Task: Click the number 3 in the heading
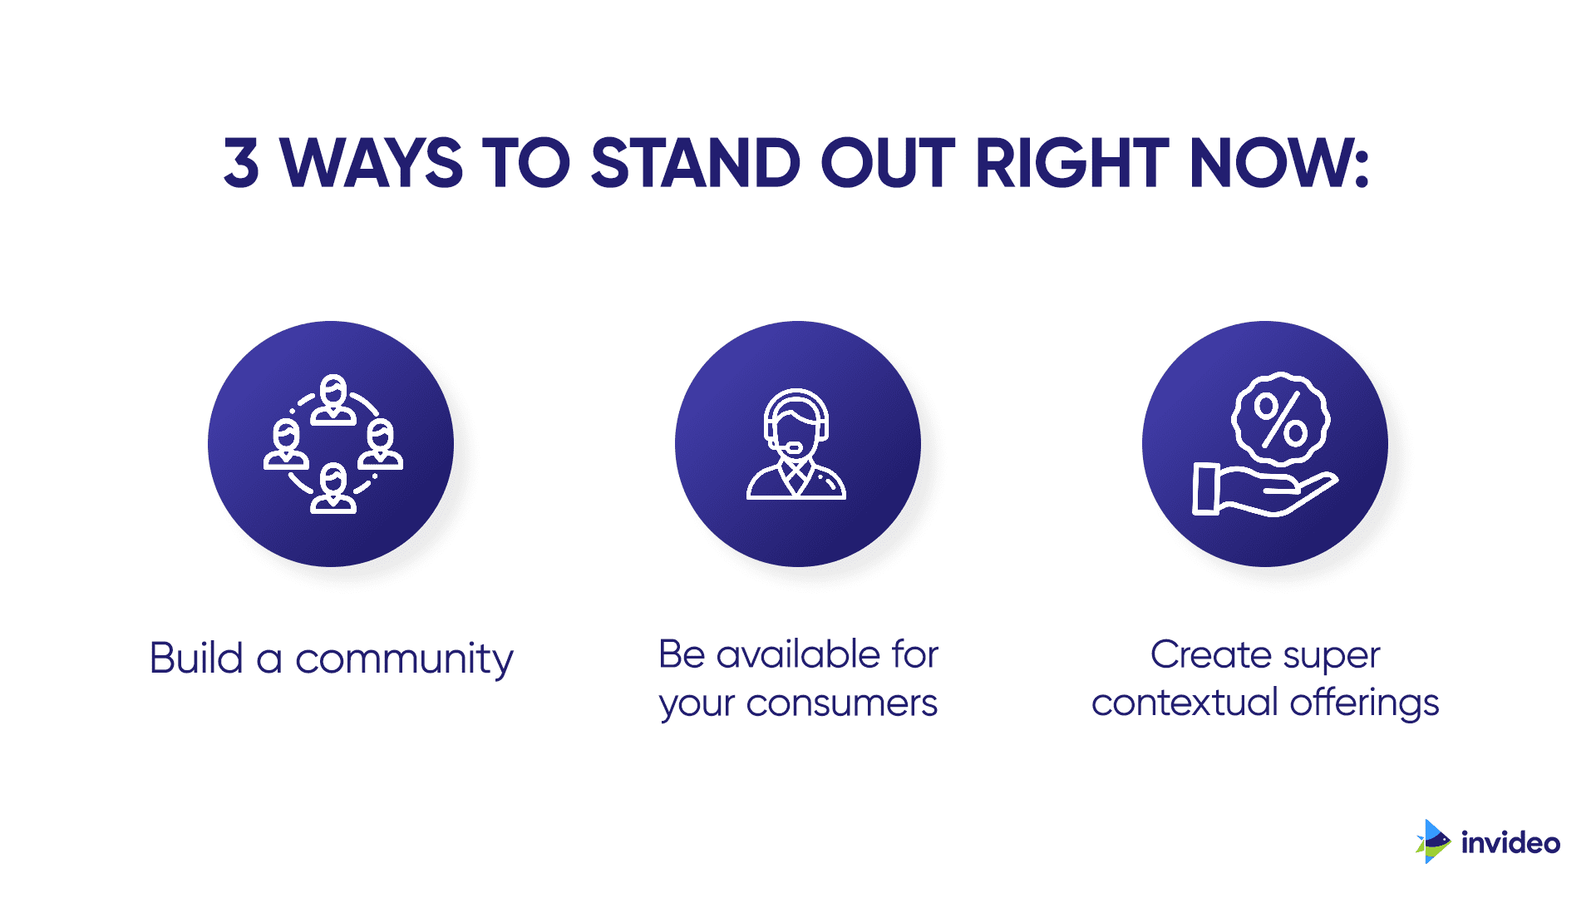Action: tap(241, 162)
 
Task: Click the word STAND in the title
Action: tap(695, 162)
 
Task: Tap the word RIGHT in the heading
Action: tap(1072, 162)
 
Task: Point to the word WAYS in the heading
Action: tap(371, 162)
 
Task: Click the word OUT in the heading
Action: tap(888, 162)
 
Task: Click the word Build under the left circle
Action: tap(196, 658)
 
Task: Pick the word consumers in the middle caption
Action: tap(841, 704)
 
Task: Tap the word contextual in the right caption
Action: tap(1185, 703)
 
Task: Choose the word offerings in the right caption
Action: tap(1364, 703)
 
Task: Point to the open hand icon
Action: tap(1263, 491)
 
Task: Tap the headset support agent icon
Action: tap(796, 444)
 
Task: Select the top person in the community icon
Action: tap(333, 399)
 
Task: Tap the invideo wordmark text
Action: tap(1510, 843)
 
